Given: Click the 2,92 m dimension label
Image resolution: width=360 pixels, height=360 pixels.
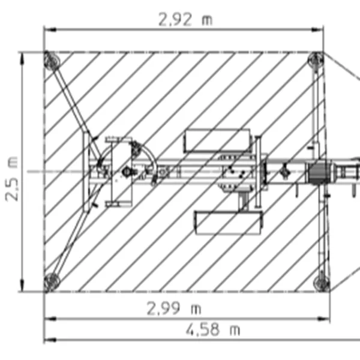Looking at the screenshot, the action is click(185, 20).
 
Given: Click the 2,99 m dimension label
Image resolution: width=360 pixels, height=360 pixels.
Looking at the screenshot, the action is click(174, 308).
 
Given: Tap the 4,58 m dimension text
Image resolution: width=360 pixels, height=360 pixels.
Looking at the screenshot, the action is click(213, 329).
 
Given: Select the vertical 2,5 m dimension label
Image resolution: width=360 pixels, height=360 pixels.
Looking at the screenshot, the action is click(11, 179).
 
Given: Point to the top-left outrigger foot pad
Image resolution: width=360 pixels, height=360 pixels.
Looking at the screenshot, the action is click(52, 60).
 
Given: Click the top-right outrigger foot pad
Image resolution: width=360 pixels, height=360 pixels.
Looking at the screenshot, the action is click(316, 59).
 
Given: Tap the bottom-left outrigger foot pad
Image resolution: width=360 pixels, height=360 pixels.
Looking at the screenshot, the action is click(52, 282).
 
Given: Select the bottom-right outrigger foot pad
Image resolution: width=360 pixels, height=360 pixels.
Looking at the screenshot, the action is click(322, 284).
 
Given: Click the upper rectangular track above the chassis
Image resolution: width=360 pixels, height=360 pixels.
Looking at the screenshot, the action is click(217, 140).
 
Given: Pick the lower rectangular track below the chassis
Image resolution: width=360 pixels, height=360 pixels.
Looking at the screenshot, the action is click(229, 223).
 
